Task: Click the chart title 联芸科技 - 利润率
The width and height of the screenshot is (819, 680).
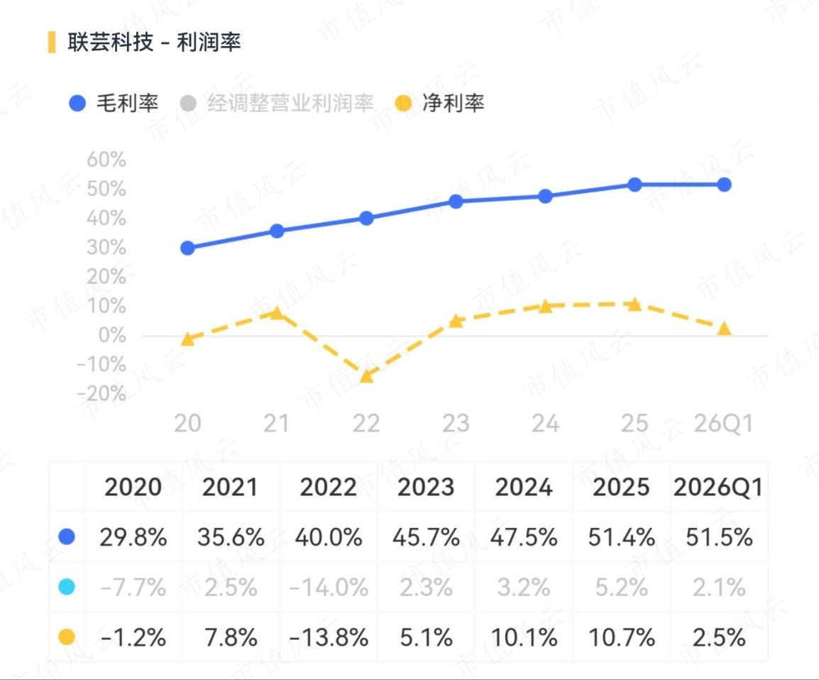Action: point(154,43)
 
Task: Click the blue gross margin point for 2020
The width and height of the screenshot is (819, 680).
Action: point(187,248)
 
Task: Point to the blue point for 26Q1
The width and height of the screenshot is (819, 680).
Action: point(724,185)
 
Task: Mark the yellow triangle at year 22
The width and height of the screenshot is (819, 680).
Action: point(366,375)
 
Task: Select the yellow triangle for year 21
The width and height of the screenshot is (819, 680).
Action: point(277,312)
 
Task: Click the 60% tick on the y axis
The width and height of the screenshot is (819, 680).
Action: point(106,159)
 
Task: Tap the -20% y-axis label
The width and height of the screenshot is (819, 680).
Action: point(101,393)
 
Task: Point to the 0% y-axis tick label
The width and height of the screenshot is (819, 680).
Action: point(112,335)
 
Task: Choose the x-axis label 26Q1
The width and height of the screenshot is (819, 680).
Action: point(723,423)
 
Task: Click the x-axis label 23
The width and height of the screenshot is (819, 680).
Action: point(456,423)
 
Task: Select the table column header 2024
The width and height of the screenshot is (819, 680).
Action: point(523,487)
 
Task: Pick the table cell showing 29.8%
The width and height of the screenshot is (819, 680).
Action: point(133,537)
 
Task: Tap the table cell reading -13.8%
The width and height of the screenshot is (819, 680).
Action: point(329,637)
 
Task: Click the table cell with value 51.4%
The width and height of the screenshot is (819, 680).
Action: point(622,537)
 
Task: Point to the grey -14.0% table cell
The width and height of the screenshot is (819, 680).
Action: point(329,588)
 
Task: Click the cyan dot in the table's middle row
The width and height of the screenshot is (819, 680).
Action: point(67,587)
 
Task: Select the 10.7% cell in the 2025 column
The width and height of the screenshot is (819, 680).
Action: point(622,637)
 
